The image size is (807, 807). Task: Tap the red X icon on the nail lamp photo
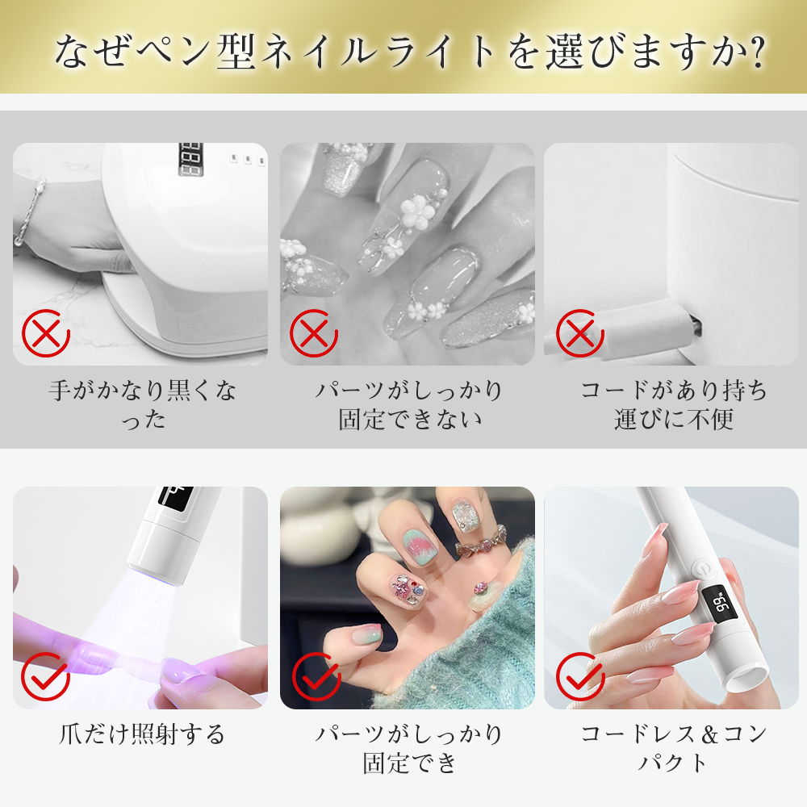[46, 332]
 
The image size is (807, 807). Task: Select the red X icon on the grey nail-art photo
[314, 332]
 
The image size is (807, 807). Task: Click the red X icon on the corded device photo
[579, 332]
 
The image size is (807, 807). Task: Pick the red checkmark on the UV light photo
[46, 676]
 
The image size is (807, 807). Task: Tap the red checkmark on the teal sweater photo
[314, 676]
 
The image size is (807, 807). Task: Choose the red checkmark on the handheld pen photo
[579, 676]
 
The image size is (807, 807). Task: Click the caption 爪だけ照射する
[143, 734]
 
